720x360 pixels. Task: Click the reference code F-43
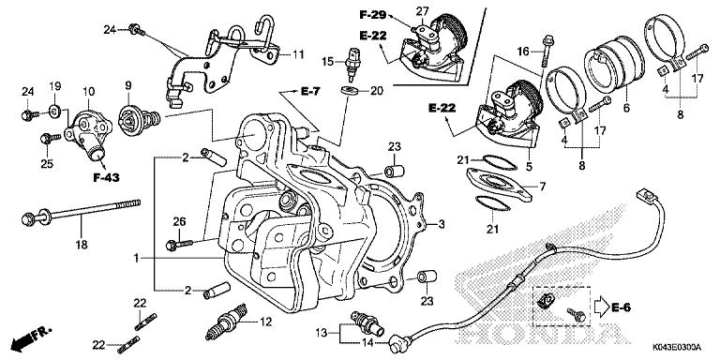pyautogui.click(x=91, y=176)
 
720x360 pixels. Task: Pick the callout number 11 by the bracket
pyautogui.click(x=298, y=55)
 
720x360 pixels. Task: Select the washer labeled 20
pyautogui.click(x=351, y=91)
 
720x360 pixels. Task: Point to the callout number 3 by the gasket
pyautogui.click(x=442, y=226)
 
